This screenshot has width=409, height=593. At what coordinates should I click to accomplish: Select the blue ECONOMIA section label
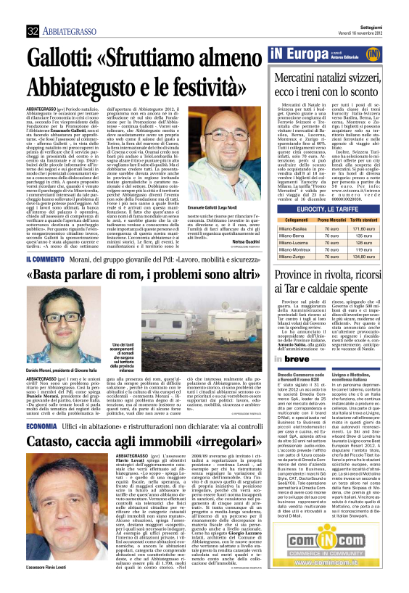46,425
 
